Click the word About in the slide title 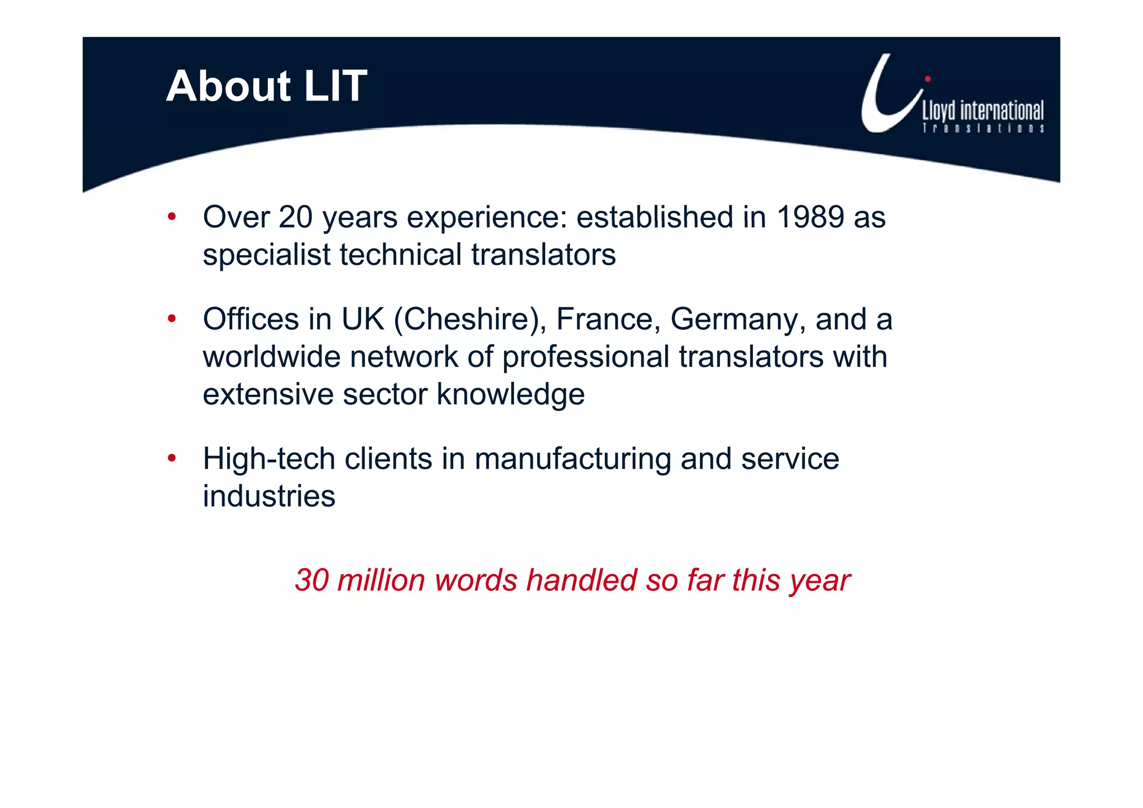click(228, 87)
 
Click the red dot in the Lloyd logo click(928, 79)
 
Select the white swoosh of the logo click(882, 106)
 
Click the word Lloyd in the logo click(939, 111)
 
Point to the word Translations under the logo click(983, 128)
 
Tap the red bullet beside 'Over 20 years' click(172, 217)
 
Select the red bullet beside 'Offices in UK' click(172, 319)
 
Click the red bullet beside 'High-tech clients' click(172, 458)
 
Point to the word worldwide click(271, 357)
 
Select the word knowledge click(510, 395)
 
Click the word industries click(268, 496)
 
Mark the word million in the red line click(381, 580)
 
